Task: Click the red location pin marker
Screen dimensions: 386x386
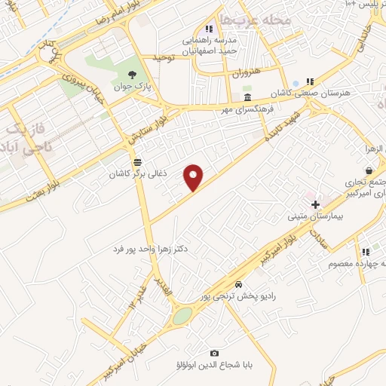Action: (x=194, y=176)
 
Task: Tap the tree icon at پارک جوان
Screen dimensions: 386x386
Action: (x=133, y=75)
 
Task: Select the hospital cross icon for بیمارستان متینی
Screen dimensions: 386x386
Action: (x=315, y=204)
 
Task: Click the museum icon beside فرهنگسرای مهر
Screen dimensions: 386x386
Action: (x=247, y=99)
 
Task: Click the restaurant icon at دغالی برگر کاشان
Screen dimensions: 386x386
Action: (x=136, y=162)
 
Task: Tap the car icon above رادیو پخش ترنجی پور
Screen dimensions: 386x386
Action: (x=238, y=284)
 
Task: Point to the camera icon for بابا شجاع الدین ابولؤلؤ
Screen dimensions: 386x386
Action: (x=215, y=354)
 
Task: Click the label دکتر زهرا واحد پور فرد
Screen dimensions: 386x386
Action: (x=159, y=248)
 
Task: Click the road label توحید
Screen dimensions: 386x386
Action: (x=164, y=57)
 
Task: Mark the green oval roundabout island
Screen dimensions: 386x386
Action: (x=182, y=316)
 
